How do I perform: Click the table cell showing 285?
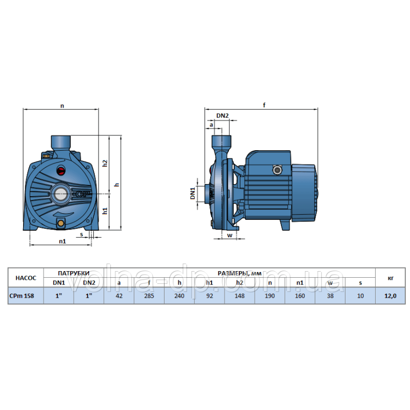point(149,296)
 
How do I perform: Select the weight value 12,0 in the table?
point(391,296)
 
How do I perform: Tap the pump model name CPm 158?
point(22,296)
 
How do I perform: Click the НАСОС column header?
point(26,278)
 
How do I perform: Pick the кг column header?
point(391,278)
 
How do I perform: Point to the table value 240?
point(179,296)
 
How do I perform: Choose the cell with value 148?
point(239,296)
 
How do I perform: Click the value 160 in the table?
point(300,296)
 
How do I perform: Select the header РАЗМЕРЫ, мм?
point(239,273)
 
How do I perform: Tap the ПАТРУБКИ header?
point(74,273)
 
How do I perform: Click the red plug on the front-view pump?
point(61,171)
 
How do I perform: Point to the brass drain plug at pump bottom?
point(60,223)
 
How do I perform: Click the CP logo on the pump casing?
point(83,194)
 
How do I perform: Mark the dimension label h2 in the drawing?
point(105,163)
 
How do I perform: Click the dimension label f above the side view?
point(264,105)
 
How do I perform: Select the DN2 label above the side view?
point(222,116)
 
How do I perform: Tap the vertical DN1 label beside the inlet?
point(193,193)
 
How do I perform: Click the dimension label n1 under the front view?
point(63,241)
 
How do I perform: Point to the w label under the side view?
point(230,235)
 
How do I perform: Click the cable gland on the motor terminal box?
point(277,170)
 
